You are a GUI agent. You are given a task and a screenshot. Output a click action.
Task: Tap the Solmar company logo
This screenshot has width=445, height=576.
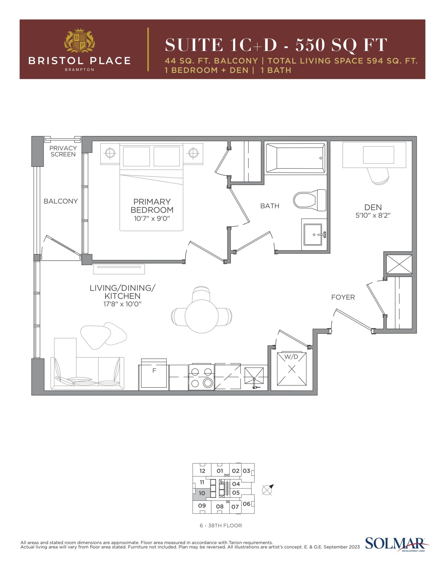tap(396, 543)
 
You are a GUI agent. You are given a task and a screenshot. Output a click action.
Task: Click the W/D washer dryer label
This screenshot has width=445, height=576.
tap(291, 357)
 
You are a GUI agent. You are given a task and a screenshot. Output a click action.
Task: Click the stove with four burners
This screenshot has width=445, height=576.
tap(201, 377)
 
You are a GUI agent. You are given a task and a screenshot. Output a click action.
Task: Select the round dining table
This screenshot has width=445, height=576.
tap(202, 316)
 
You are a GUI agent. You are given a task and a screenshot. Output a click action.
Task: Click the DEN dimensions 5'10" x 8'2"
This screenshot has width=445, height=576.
tap(373, 215)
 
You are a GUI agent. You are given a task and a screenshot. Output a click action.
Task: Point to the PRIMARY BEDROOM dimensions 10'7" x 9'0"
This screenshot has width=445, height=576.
tap(152, 218)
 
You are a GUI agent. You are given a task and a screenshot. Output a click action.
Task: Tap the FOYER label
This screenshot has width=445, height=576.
tap(343, 297)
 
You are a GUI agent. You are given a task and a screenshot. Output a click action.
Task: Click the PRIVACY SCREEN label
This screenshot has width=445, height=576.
tap(63, 151)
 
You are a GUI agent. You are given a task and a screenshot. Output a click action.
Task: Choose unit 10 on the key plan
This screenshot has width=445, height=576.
tap(202, 493)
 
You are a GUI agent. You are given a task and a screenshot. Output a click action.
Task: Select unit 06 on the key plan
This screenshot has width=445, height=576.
tap(246, 504)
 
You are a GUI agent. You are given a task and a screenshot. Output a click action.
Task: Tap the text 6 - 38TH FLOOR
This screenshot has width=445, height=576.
tap(221, 526)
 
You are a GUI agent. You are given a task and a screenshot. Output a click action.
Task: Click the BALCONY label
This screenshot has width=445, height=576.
tap(61, 201)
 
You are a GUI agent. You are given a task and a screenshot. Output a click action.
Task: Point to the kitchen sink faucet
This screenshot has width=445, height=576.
tap(254, 383)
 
